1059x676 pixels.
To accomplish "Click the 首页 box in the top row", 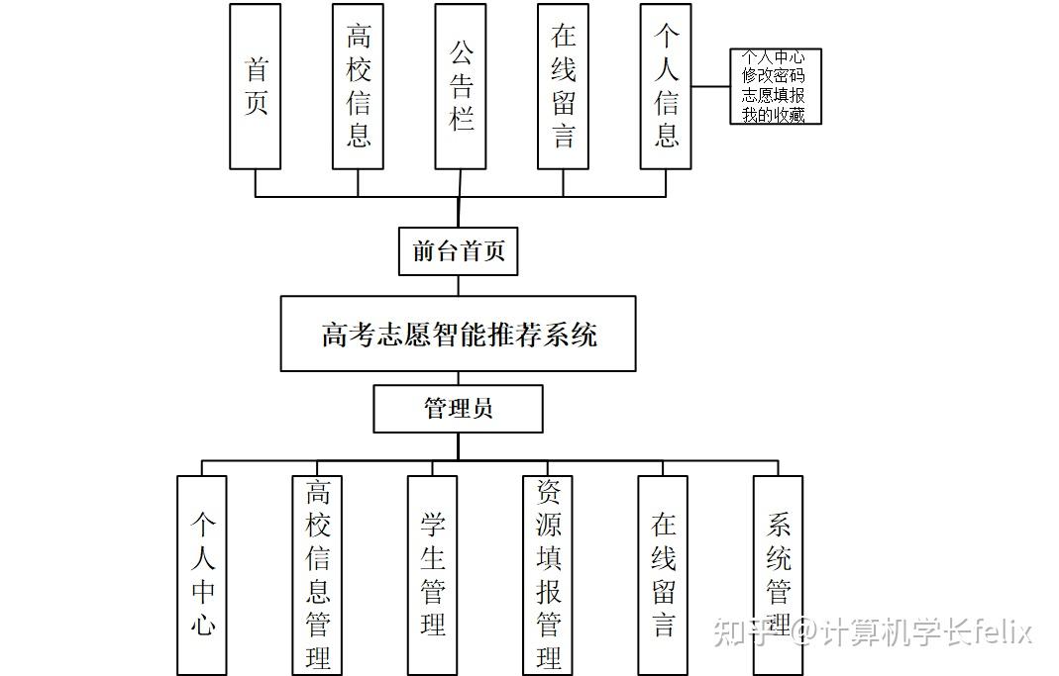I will [x=255, y=86].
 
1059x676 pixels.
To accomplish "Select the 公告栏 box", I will [x=460, y=86].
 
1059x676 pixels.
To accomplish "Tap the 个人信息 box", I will [x=666, y=86].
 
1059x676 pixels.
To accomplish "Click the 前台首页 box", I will [x=459, y=251].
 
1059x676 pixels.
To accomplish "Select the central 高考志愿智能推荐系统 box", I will [x=458, y=334].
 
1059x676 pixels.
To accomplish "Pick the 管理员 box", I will [x=458, y=409].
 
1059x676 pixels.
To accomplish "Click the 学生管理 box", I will [x=432, y=574].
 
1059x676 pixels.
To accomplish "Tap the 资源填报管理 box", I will [x=548, y=574].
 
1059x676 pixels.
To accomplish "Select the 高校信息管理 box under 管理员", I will [x=317, y=574].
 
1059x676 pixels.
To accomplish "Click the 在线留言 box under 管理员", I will [x=663, y=574].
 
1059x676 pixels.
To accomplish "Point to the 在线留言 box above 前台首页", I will [x=563, y=86].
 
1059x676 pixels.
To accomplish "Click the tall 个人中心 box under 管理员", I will [x=202, y=574].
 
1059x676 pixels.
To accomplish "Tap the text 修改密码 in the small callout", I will [x=774, y=76].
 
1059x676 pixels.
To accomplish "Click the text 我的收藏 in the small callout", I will [x=774, y=115].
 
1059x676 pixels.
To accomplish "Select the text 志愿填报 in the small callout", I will [x=774, y=96].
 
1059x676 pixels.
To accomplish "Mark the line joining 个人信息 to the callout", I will [x=710, y=86].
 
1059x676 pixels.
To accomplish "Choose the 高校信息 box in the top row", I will [x=358, y=86].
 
